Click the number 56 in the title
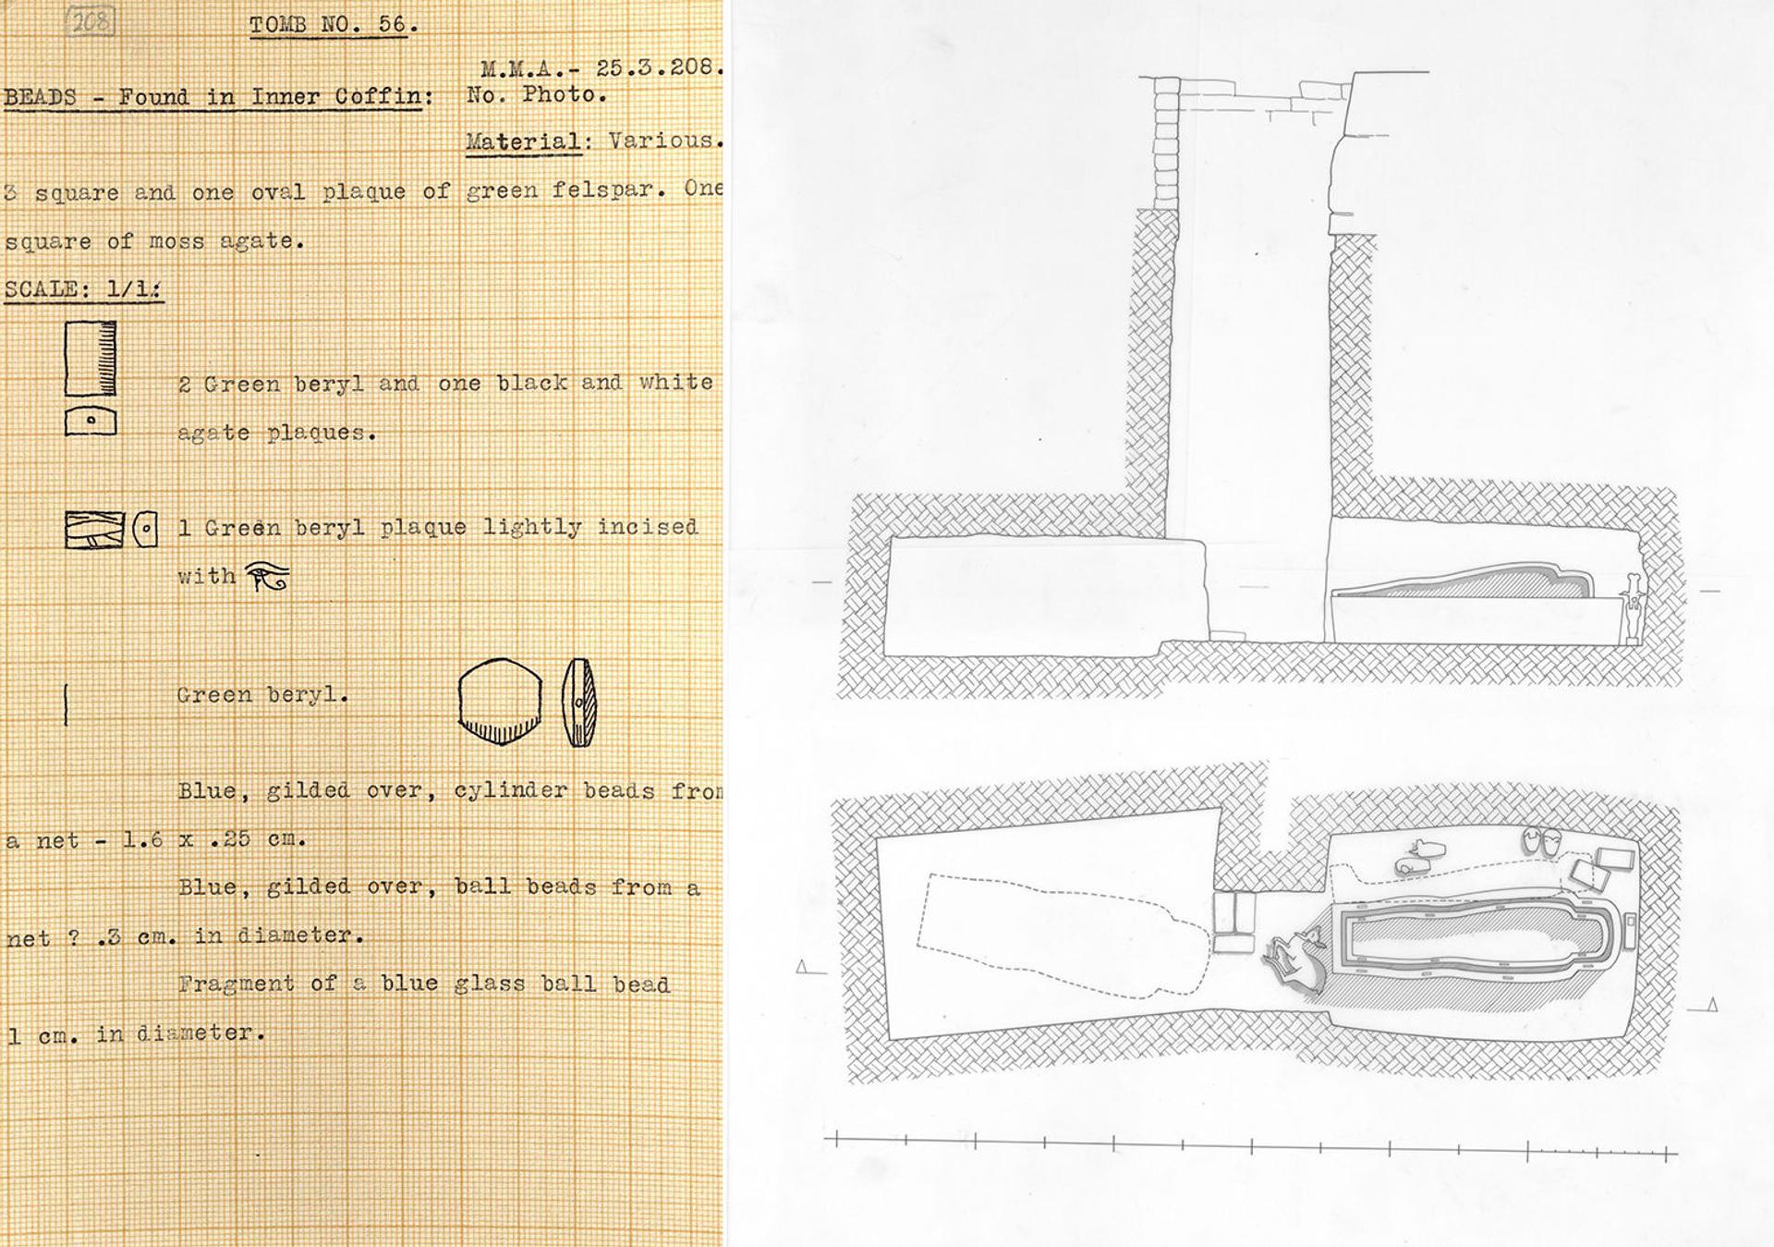393,24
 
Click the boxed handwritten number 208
91,21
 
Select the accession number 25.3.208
658,67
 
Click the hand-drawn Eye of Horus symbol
268,576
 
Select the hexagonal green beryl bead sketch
500,702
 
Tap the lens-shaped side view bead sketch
579,702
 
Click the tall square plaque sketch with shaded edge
91,358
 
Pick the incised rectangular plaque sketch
94,530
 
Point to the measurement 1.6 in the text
143,839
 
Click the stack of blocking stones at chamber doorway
1233,922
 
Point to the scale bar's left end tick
836,1140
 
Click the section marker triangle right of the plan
1712,1005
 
